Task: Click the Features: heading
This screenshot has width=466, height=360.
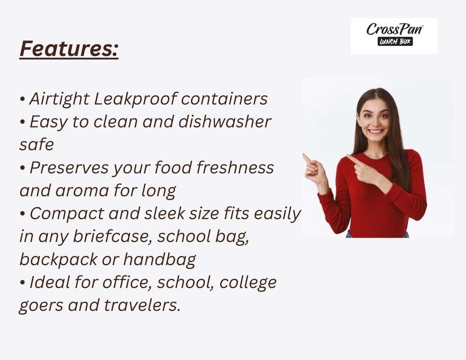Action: [x=69, y=49]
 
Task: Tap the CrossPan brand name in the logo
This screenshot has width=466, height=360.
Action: [x=394, y=29]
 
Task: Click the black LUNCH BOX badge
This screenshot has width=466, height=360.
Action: [x=395, y=41]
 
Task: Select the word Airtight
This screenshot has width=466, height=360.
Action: [x=59, y=100]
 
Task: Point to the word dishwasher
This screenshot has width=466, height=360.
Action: [x=224, y=122]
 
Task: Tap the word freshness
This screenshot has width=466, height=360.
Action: [x=235, y=167]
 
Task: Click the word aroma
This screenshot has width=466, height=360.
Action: [x=82, y=191]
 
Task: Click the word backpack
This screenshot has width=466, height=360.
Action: [x=58, y=260]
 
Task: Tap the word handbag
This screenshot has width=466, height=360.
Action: [x=159, y=260]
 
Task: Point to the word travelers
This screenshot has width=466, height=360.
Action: [x=142, y=305]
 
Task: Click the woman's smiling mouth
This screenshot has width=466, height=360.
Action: [x=376, y=131]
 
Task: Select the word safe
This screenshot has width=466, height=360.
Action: [x=36, y=145]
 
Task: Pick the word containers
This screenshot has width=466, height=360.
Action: [x=224, y=100]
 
